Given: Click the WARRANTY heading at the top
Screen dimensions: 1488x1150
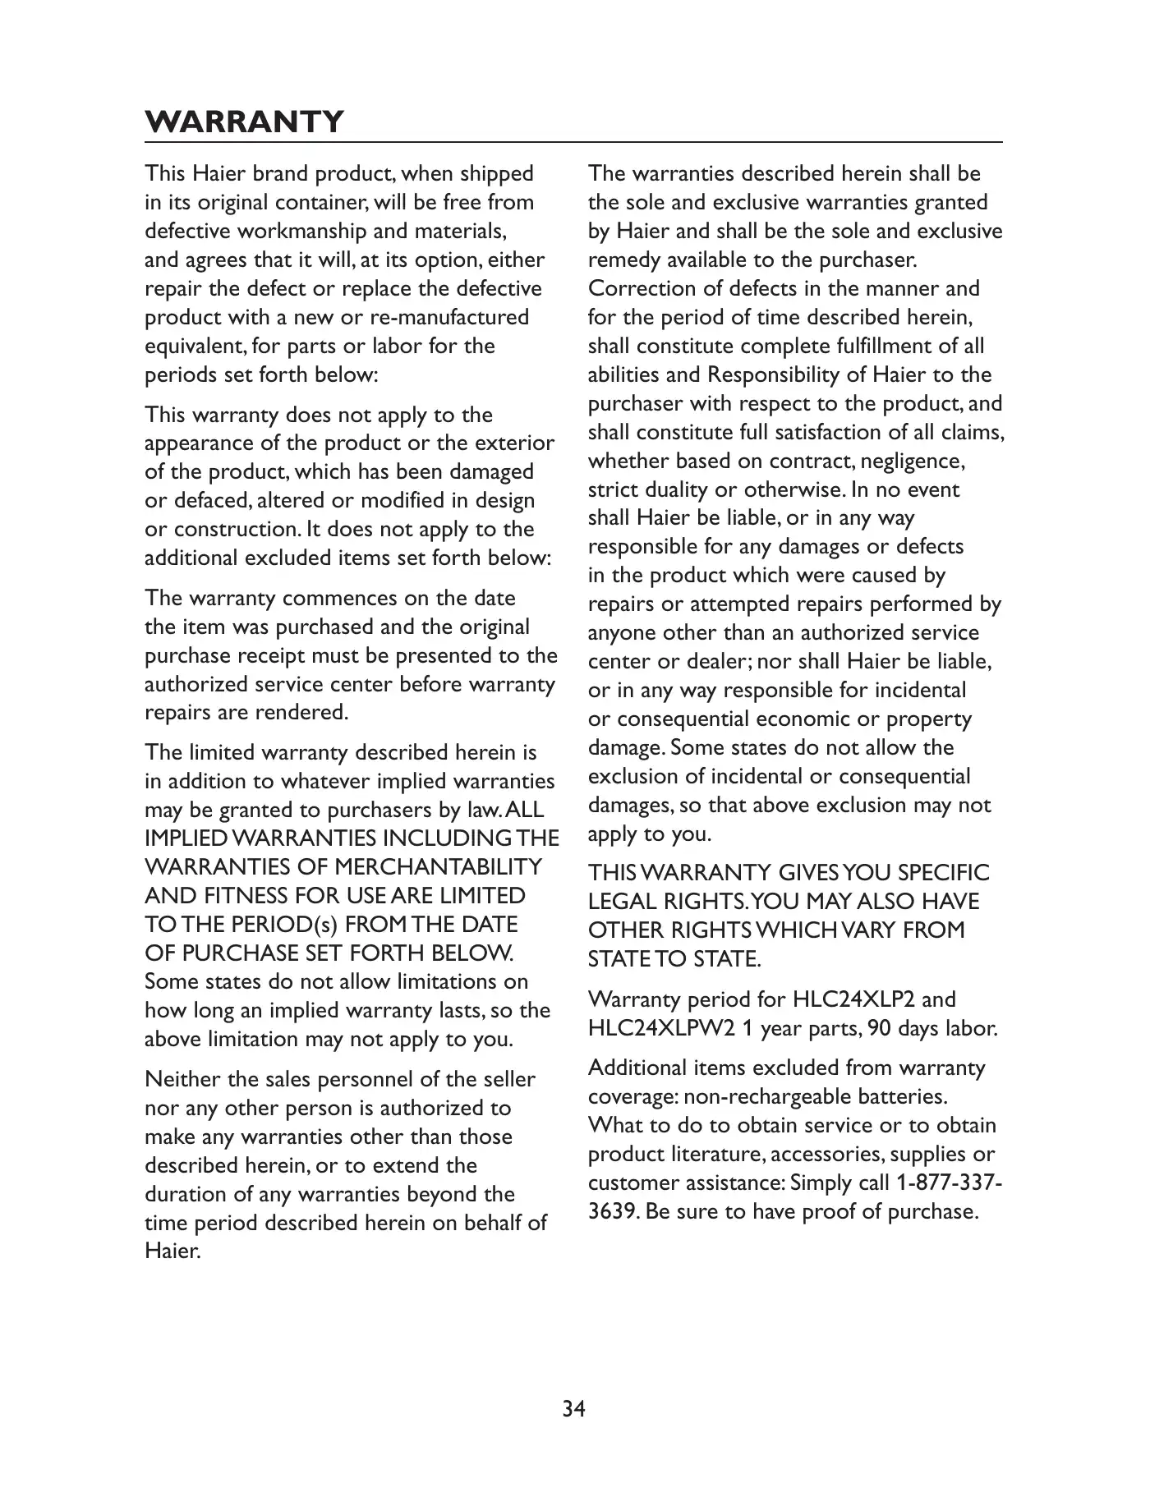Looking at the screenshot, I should point(244,122).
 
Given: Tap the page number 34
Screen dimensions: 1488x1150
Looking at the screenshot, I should point(574,1409).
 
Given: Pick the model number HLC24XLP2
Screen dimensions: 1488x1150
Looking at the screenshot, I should point(853,999).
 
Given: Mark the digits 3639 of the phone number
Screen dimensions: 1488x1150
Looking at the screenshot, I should point(612,1211).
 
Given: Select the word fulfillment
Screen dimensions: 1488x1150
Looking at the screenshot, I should point(868,347).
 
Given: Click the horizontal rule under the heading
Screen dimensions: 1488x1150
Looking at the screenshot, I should point(574,143).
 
